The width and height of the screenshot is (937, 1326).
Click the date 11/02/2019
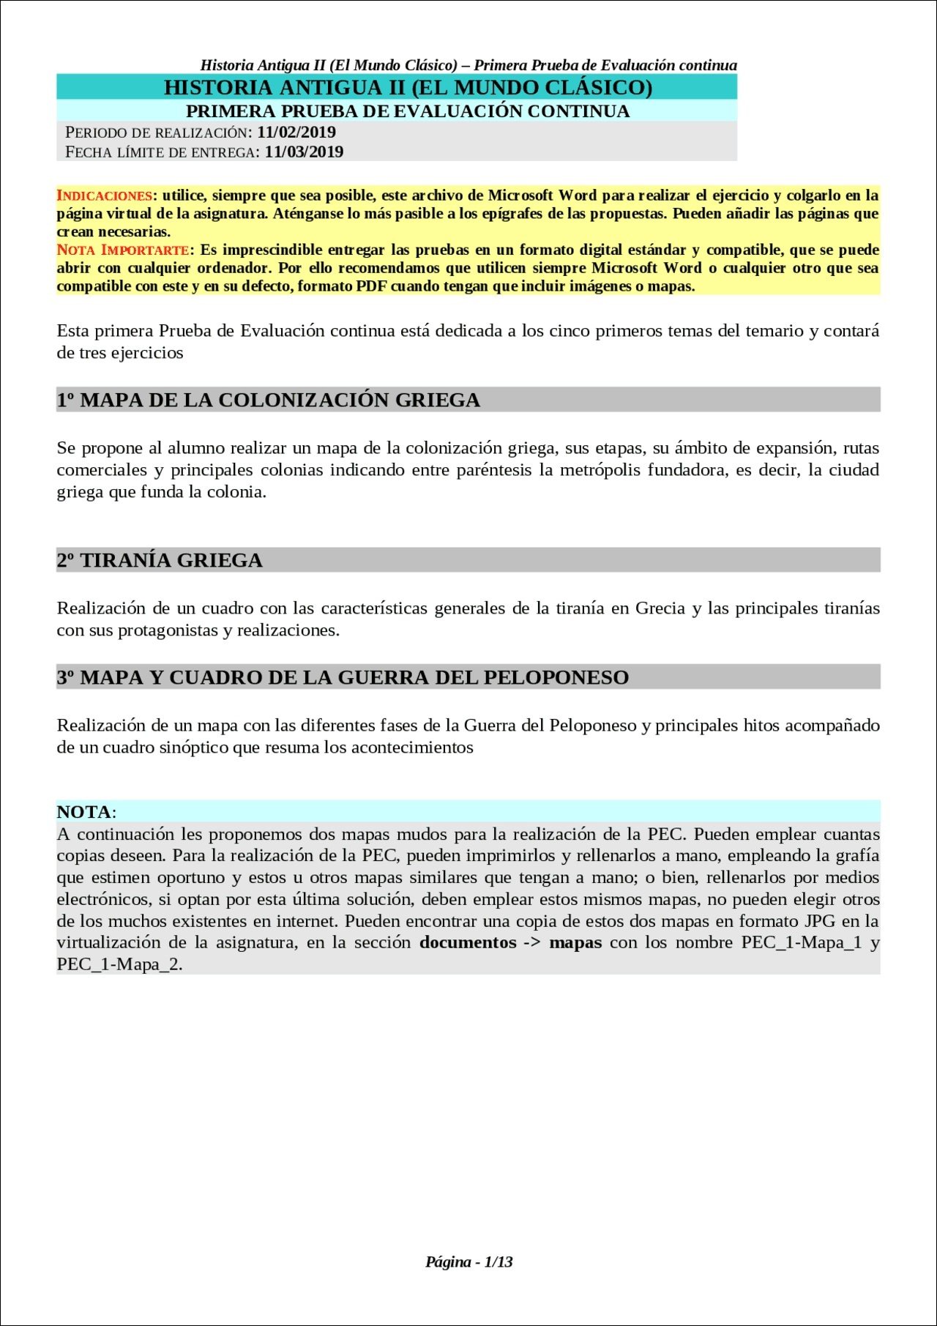(x=296, y=133)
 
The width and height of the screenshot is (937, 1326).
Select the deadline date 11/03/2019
(x=304, y=152)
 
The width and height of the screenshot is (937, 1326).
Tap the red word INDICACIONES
(x=104, y=195)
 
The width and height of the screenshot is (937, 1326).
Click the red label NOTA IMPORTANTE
(x=122, y=250)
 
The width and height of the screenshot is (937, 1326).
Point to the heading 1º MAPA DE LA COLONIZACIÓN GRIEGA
(x=269, y=400)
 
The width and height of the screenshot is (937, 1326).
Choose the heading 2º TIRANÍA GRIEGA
(x=160, y=560)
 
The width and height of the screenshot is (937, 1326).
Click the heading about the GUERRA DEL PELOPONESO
(x=343, y=677)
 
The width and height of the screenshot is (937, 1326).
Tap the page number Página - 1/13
(x=468, y=1262)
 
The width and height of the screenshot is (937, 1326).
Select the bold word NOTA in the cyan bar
(x=84, y=812)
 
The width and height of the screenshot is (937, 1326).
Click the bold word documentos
(x=468, y=942)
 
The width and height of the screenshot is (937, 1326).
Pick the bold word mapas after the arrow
(x=575, y=942)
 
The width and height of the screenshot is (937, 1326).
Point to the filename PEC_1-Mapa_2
(x=119, y=964)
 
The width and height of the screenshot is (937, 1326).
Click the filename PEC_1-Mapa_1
(x=802, y=942)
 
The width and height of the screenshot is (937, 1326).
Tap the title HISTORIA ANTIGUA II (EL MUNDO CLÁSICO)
(x=408, y=88)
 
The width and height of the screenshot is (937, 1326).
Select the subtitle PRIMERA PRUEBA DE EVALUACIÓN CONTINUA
(x=408, y=111)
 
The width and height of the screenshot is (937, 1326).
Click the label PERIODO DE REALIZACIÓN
(x=157, y=133)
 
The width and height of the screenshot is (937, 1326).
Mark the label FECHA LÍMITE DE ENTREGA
(x=160, y=152)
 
